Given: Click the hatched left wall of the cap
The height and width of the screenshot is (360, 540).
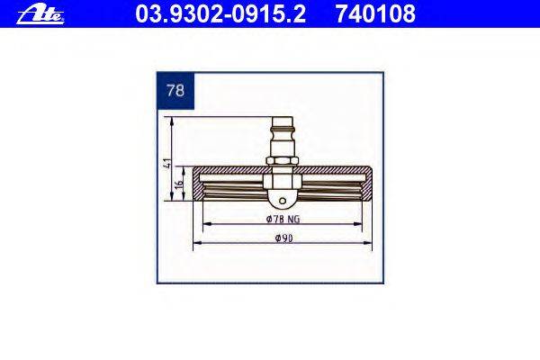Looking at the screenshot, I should (199, 189).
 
